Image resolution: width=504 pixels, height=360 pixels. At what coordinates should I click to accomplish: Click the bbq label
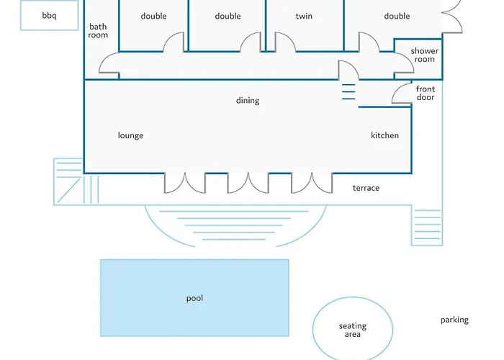coord(49,16)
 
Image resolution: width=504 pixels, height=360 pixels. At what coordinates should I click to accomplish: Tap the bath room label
coord(98,31)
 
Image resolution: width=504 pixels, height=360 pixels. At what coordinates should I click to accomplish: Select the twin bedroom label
coord(304,16)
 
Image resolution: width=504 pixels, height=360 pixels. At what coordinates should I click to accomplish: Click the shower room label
coord(425,55)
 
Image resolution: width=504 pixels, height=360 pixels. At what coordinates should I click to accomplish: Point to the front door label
coord(426,94)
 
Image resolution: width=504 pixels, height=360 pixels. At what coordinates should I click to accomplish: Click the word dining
coord(248,101)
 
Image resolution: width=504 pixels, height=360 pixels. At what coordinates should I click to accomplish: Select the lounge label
coord(130,135)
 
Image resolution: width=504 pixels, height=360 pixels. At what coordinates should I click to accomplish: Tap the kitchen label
coord(384,135)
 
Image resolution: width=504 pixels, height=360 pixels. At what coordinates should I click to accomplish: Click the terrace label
coord(366,188)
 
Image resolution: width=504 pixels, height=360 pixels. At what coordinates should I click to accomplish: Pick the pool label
coord(194,298)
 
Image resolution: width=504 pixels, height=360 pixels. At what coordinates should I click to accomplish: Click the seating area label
coord(353,330)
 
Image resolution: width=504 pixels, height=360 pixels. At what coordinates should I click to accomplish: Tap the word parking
coord(454,320)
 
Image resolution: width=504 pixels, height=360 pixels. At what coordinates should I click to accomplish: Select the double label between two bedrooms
coord(228,16)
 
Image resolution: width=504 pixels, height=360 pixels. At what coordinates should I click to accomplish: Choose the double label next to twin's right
coord(397,16)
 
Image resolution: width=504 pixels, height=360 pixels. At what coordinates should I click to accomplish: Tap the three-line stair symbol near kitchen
coord(348,93)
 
